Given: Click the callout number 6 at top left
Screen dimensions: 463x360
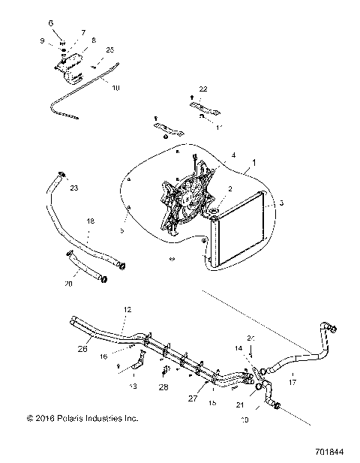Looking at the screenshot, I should [51, 23].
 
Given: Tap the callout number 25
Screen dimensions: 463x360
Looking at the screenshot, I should [110, 50].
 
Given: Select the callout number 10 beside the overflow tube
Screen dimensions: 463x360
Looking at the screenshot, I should [115, 89].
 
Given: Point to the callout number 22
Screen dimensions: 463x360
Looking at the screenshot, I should [202, 89].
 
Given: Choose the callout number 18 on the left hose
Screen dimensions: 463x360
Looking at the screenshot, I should [91, 223].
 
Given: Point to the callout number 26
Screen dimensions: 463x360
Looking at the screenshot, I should [82, 348].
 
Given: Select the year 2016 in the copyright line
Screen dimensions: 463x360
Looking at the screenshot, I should [44, 418].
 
